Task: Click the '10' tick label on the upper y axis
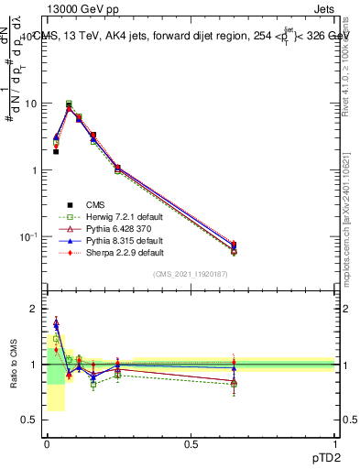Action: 32,104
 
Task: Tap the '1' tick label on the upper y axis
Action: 35,170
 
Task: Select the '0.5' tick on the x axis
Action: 191,445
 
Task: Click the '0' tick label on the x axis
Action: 47,445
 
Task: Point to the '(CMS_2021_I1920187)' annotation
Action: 191,274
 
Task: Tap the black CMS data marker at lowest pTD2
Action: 56,152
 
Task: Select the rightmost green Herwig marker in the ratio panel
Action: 234,384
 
